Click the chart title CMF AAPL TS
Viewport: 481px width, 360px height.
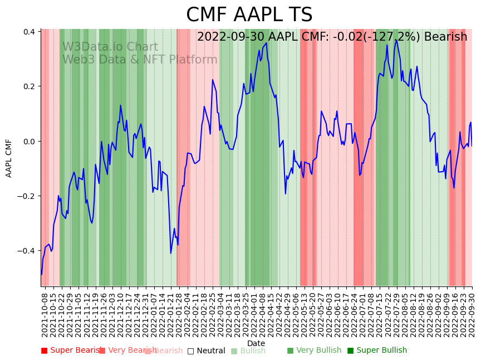249,15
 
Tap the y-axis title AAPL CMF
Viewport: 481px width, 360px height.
9,158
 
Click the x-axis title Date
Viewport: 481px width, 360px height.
256,343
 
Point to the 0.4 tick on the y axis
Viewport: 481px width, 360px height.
29,32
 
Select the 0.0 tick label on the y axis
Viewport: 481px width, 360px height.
29,142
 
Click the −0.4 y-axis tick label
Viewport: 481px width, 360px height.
27,251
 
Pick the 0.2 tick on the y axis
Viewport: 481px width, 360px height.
29,87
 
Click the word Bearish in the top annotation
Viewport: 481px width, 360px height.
445,37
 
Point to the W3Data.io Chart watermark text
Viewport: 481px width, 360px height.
110,47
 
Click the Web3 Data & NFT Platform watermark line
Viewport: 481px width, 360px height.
140,60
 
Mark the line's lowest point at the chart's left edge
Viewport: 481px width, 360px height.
41,274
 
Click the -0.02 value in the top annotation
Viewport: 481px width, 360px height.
340,37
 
